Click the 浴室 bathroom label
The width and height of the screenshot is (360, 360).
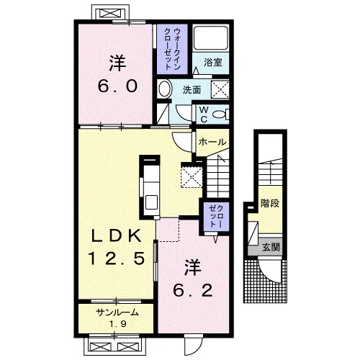213,63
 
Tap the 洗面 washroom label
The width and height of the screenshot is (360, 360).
192,90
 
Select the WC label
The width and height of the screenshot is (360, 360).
204,114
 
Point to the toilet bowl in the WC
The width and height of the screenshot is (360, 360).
220,114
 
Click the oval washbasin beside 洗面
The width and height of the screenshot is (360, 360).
165,89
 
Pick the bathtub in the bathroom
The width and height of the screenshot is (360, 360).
210,38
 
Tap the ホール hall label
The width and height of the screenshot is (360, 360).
212,142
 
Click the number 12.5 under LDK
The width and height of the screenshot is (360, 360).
117,258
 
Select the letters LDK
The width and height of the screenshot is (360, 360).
117,236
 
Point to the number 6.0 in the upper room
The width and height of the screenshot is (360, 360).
117,86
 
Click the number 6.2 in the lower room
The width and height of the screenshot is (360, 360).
193,290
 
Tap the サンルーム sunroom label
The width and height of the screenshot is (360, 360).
117,312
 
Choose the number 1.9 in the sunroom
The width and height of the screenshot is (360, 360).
118,324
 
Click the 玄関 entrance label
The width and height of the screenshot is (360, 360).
271,247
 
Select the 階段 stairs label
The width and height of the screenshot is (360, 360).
270,204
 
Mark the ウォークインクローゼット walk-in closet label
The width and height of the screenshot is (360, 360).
173,49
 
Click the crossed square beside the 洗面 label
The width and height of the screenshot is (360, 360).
220,89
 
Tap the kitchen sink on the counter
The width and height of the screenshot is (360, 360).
152,202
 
